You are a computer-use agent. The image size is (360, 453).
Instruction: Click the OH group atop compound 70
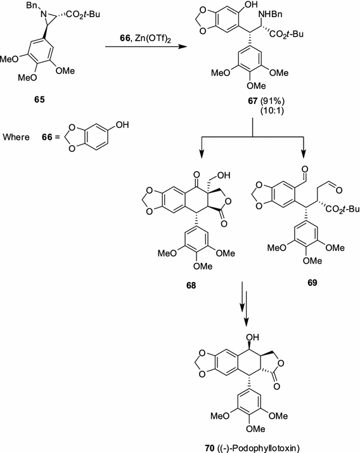tap(207, 331)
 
